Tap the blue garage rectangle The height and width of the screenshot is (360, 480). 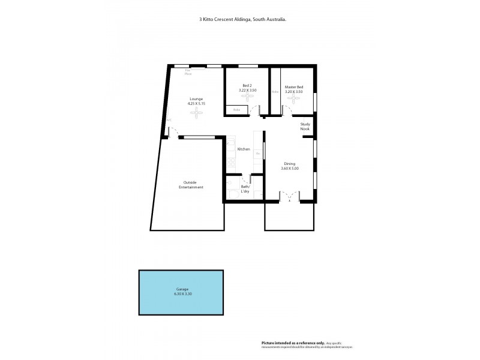coord(182,292)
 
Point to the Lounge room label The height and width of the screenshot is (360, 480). coord(196,99)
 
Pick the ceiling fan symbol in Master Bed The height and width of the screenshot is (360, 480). coord(294,99)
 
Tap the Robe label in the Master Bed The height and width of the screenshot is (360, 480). coord(275,92)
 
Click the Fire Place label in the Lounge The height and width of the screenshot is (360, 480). coord(188,72)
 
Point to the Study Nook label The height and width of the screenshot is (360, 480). coord(305,126)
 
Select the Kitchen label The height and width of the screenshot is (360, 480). coord(244,149)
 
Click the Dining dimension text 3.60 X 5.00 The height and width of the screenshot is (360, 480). coord(290,169)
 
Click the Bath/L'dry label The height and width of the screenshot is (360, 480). coord(245,188)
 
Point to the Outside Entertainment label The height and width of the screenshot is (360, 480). coord(190,185)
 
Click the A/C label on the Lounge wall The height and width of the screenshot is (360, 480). coord(169,120)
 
